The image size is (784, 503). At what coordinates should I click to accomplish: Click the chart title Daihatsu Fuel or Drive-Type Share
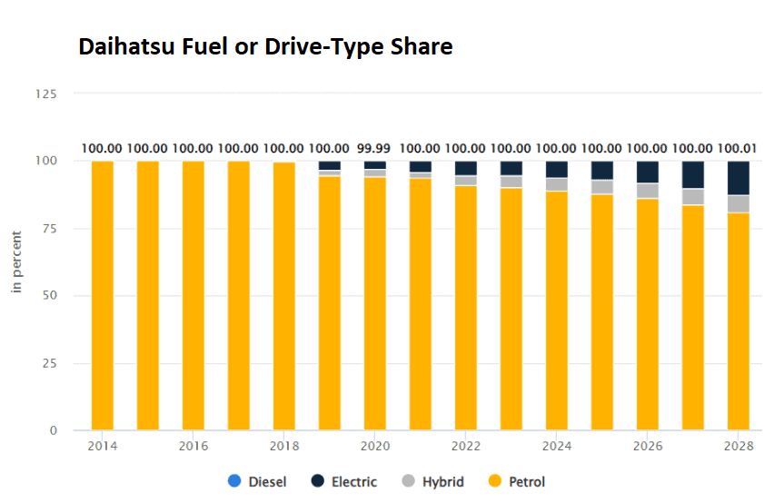point(264,46)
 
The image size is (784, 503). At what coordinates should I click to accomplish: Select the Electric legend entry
point(344,481)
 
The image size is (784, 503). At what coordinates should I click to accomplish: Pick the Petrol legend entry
point(517,481)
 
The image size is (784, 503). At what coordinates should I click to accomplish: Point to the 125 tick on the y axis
point(46,94)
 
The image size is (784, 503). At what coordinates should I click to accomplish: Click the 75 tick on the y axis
point(50,228)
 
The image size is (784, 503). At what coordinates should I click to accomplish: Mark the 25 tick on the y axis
point(50,363)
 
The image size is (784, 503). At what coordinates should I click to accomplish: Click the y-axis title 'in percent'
point(16,261)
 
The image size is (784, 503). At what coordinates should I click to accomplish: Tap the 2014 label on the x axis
point(103,446)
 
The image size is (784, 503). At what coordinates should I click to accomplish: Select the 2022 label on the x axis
point(466,446)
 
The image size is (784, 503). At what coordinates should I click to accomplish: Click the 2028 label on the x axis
point(739,446)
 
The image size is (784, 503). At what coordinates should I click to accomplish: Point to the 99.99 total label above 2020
point(374,148)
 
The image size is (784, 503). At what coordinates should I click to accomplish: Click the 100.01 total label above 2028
point(739,148)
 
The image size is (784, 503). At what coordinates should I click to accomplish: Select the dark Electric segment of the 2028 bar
point(739,178)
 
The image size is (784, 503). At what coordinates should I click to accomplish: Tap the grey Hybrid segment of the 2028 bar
point(739,203)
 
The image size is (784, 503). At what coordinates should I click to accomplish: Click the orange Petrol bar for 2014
point(103,295)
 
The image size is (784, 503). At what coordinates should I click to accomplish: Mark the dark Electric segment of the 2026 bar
point(648,172)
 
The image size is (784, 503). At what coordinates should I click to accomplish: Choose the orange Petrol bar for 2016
point(194,295)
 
